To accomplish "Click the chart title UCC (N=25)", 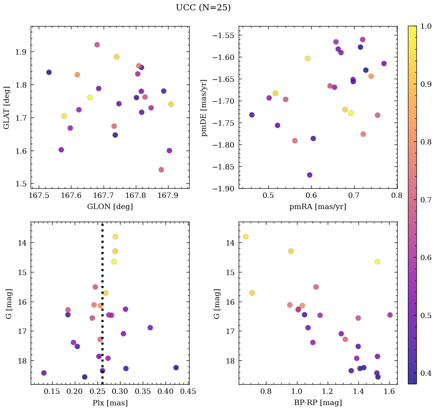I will coord(203,8).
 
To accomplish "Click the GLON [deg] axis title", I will coord(110,207).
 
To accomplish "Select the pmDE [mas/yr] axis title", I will coord(204,108).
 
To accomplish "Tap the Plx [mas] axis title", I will coord(110,403).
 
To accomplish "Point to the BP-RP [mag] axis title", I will coord(318,403).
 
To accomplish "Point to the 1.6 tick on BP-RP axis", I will coord(389,392).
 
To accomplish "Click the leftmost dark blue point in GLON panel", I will coord(49,72).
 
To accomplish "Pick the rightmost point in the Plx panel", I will coord(176,367).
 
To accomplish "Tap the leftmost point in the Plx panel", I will coord(44,373).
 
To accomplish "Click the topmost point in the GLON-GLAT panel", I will coord(97,45).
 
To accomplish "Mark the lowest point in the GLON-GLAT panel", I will coord(161,169).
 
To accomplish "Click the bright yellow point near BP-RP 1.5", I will coord(377,262).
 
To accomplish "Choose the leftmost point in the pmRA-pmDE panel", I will coord(252,115).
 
